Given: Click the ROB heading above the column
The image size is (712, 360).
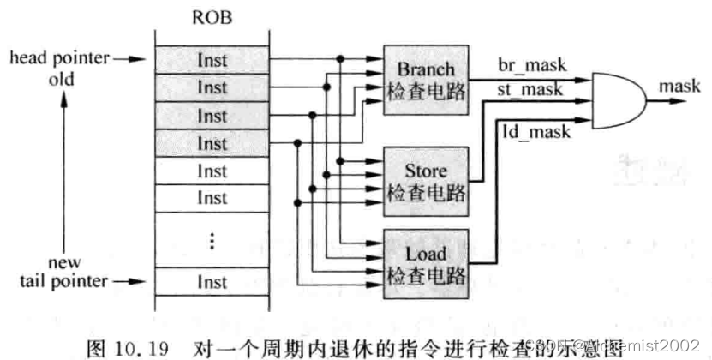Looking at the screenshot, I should [x=211, y=17].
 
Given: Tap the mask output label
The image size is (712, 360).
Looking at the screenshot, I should [x=676, y=87].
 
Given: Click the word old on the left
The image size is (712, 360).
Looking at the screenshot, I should [x=62, y=79].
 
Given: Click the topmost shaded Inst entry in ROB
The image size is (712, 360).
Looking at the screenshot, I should [x=211, y=60].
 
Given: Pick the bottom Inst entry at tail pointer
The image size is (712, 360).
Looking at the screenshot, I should [x=211, y=281].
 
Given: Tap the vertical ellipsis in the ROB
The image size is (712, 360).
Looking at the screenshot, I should [x=211, y=242].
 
